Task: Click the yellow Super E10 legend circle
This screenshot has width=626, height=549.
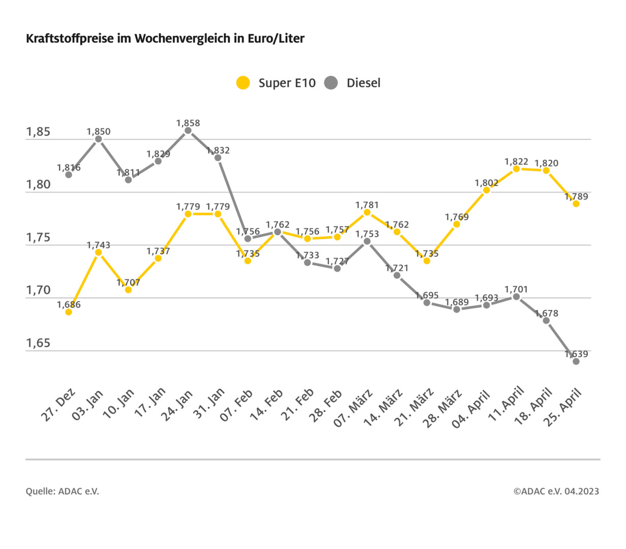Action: pos(244,83)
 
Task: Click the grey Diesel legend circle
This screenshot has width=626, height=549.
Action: pos(331,83)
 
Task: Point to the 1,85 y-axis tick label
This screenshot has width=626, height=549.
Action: pos(38,132)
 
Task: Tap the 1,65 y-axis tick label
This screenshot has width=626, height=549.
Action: pos(38,343)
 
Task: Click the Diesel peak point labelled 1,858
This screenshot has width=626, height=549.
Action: pos(188,131)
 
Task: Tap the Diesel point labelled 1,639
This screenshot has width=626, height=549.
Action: pos(576,361)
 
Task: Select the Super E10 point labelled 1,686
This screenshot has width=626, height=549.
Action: pos(69,312)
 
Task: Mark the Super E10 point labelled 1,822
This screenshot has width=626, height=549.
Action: pos(516,169)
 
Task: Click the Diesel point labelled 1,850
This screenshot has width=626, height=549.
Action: pos(99,139)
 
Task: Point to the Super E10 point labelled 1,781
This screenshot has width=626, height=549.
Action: pos(367,212)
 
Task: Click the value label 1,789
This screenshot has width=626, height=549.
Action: pos(576,197)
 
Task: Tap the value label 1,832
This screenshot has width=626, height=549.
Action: pos(218,150)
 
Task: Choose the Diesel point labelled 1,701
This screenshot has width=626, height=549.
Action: pos(516,296)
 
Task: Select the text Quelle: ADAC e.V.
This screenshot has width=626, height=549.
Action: pos(63,491)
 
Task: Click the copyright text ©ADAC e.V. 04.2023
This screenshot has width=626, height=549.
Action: pos(556,491)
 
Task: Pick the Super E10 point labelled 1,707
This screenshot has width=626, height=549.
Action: pos(128,290)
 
